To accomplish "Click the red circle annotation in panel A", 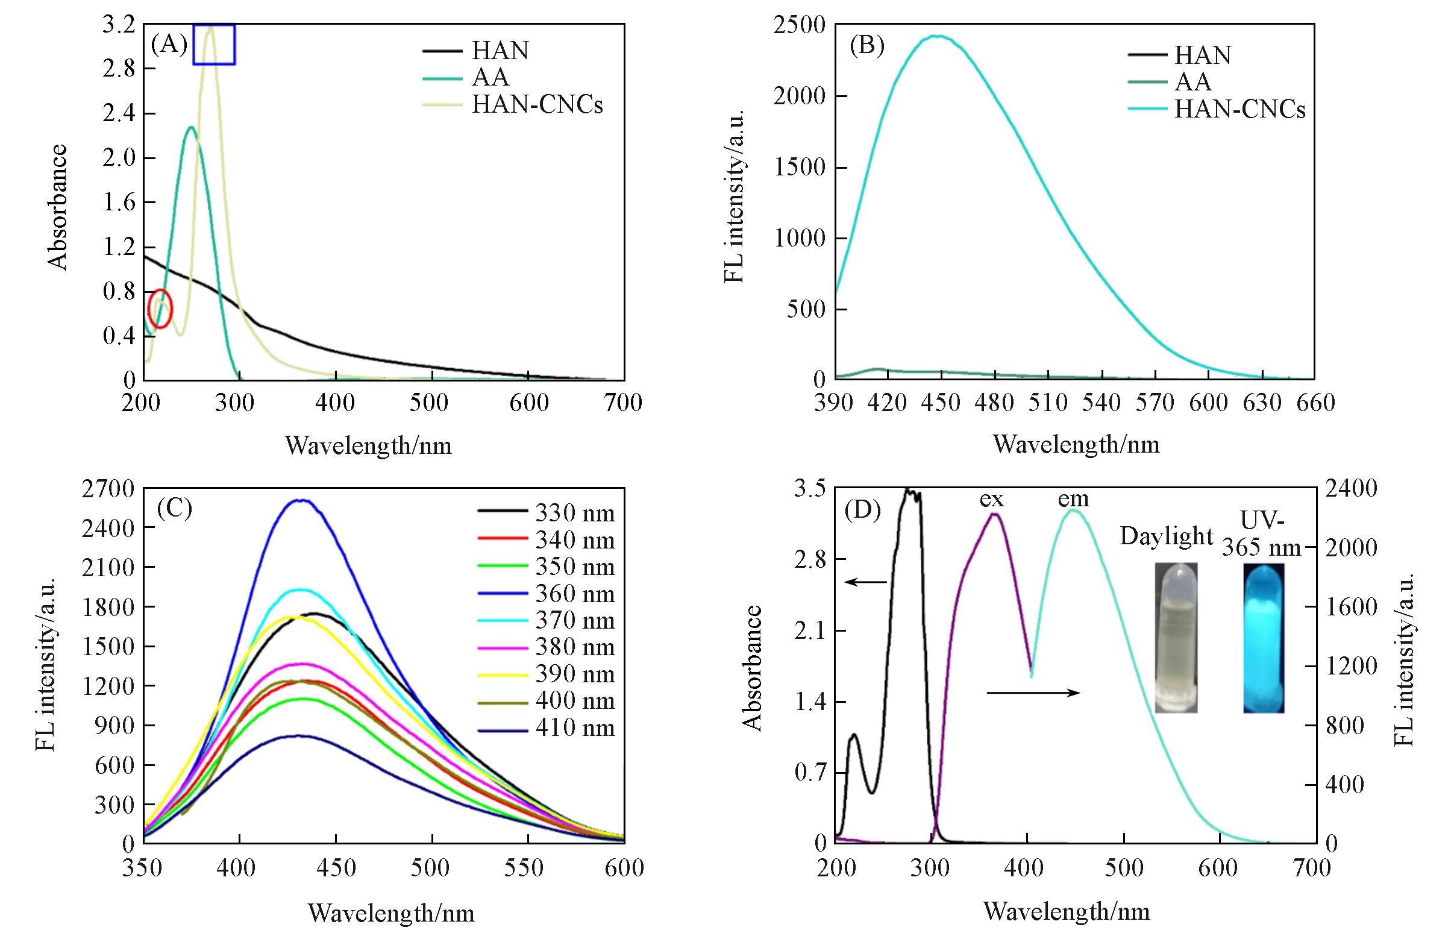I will [x=160, y=309].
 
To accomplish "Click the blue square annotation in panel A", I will [x=214, y=44].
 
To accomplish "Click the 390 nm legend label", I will [x=575, y=674].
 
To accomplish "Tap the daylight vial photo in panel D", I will [x=1176, y=638].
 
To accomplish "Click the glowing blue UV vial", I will [x=1264, y=638].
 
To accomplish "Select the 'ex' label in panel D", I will [x=991, y=500].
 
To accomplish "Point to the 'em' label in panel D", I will [x=1073, y=500].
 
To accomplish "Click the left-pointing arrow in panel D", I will [x=865, y=582].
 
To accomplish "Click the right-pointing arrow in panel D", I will [x=1033, y=693].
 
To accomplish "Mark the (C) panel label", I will [x=174, y=509].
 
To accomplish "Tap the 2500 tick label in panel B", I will [x=799, y=26].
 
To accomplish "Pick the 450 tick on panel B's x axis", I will [x=940, y=403].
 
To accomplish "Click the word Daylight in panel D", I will [x=1166, y=536].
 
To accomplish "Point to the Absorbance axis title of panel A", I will [x=57, y=207].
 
